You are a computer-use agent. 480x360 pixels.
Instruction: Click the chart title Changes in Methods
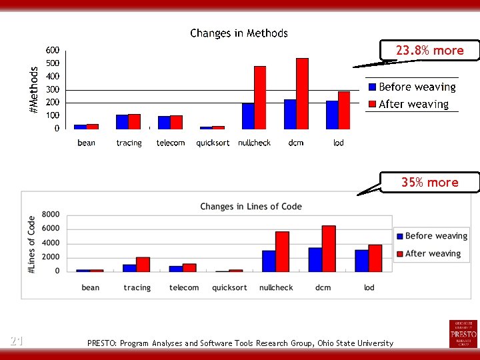click(x=239, y=33)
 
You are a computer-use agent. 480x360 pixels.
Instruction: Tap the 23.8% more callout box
click(x=429, y=51)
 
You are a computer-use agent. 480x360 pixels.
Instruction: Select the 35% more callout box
click(x=429, y=183)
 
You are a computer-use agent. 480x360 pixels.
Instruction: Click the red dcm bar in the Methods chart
click(x=302, y=93)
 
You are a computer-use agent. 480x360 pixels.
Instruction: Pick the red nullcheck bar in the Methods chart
click(x=260, y=97)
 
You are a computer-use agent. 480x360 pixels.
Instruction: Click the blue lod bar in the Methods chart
click(x=332, y=115)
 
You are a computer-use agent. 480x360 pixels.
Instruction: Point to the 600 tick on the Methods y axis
click(x=52, y=51)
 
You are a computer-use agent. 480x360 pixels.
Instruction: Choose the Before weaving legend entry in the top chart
click(x=411, y=87)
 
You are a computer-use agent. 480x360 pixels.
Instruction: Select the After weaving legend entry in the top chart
click(x=408, y=105)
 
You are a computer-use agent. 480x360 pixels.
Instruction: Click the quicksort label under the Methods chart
click(x=213, y=143)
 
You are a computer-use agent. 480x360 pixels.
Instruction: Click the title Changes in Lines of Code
click(x=251, y=207)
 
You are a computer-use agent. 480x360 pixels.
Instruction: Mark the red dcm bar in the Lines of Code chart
click(x=328, y=249)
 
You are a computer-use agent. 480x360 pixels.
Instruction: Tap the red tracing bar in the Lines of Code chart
click(x=143, y=265)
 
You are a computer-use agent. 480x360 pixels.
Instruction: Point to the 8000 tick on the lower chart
click(x=51, y=215)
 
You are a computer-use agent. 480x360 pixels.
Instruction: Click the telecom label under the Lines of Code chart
click(x=184, y=288)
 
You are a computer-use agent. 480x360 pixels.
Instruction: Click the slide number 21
click(x=17, y=341)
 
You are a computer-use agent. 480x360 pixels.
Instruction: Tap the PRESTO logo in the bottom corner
click(x=463, y=333)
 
